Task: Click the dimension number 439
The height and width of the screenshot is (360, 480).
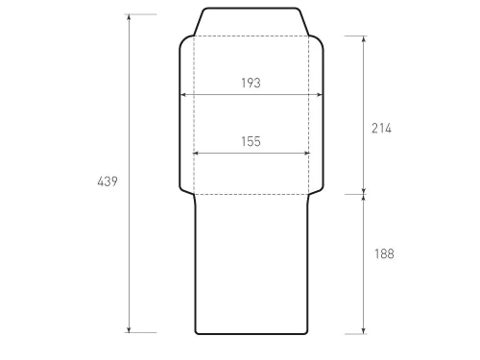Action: coord(108,181)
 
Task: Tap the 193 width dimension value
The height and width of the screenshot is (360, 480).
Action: coord(251,83)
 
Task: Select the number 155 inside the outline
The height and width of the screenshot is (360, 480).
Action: coord(251,141)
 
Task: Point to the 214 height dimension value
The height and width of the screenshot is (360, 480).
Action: coord(381,129)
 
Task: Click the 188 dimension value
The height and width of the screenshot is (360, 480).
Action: coord(384,253)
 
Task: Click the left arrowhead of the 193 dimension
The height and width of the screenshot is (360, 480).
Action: coord(182,95)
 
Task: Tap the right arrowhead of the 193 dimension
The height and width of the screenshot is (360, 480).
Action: coord(320,95)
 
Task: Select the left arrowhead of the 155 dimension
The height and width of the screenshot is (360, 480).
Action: coord(196,154)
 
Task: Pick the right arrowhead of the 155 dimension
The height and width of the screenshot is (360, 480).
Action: coord(306,154)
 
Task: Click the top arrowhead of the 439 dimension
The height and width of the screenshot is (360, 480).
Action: coord(129,17)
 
